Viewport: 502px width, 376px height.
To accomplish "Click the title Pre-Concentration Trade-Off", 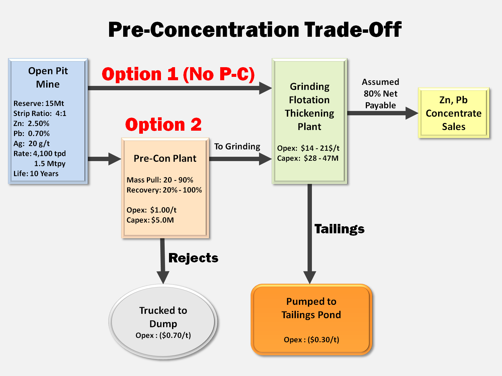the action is point(255,29).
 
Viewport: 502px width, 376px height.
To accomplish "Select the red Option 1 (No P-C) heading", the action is point(178,74).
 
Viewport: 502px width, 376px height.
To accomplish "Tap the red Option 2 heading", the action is point(164,124).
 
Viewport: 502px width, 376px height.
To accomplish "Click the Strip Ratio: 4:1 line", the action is point(40,113).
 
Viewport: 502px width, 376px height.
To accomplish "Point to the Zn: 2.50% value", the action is point(31,124).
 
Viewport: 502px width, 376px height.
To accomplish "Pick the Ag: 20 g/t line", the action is point(31,144).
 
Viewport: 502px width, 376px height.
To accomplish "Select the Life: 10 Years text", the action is point(36,173).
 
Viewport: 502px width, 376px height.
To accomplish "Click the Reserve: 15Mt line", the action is point(38,103).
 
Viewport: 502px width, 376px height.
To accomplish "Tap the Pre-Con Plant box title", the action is point(165,158).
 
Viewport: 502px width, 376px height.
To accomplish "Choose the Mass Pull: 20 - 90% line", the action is point(160,180).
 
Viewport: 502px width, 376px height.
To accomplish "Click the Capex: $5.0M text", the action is point(150,220).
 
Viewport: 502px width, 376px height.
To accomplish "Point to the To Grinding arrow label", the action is point(237,147).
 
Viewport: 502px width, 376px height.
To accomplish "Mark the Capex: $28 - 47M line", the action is point(308,158).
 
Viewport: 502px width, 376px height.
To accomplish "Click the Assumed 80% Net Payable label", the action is point(381,94).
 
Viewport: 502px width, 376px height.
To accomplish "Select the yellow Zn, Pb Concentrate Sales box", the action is point(454,113).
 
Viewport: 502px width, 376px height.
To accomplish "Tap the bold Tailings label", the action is point(339,229).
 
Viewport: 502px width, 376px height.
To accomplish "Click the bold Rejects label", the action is point(193,258).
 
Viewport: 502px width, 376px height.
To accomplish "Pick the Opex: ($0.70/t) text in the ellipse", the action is point(163,335).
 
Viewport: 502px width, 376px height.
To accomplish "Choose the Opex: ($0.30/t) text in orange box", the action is point(312,340).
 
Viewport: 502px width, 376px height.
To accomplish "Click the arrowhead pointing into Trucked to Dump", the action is point(163,277).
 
